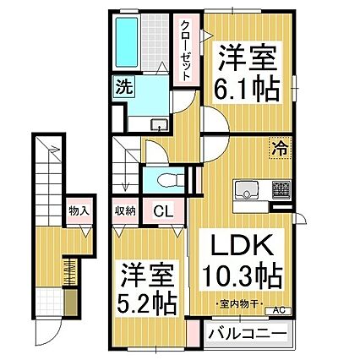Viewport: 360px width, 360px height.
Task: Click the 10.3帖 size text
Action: pyautogui.click(x=240, y=275)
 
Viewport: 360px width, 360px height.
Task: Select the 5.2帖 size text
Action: pyautogui.click(x=146, y=300)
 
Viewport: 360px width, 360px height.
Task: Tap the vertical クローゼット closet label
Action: pyautogui.click(x=183, y=51)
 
